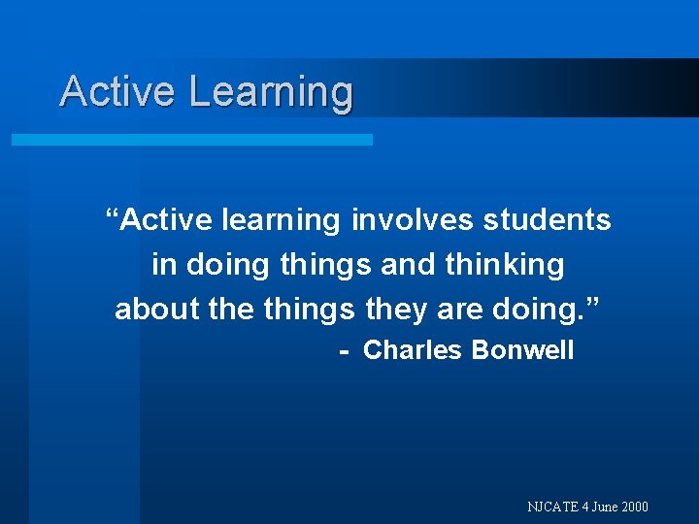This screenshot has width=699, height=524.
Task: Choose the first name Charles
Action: (x=413, y=350)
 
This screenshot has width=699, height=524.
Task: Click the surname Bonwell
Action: (x=522, y=350)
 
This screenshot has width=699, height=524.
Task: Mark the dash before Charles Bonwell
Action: (x=344, y=350)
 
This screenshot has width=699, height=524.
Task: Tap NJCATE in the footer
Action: (x=551, y=507)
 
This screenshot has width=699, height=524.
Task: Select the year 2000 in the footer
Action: (x=635, y=507)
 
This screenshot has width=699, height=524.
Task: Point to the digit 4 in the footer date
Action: (x=583, y=507)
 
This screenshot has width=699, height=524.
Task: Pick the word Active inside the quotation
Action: (x=168, y=220)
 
